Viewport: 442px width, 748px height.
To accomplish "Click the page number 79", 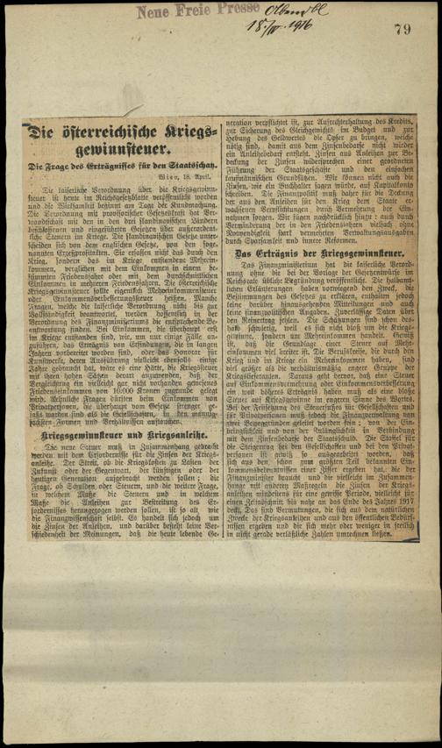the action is coord(403,30).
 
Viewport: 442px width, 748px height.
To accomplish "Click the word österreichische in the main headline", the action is coord(112,133).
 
